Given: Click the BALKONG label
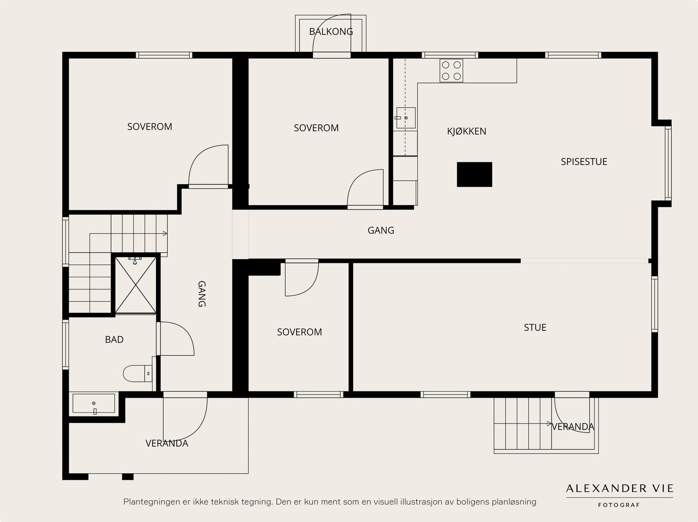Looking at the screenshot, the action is pos(331,31).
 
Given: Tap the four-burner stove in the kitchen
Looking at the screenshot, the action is pos(451,71).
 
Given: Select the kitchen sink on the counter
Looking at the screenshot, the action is pos(406,118).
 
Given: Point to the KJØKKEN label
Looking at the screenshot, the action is pos(466,131).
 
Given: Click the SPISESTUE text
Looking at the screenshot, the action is pos(584,162).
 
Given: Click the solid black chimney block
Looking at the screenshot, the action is pos(475,174).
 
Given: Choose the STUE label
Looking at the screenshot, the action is pos(535,327).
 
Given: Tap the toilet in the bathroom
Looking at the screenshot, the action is pos(138,373).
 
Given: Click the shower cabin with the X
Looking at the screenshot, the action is pos(136,285).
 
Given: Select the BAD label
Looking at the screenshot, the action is pos(114,339).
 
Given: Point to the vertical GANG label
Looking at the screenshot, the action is pos(202,294).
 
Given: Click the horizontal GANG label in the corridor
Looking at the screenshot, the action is pos(381,230).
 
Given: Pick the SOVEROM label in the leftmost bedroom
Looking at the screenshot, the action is pos(150,127).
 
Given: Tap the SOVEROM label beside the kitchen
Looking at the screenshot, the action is pos(316,128).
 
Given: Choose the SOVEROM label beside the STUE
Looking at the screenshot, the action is pos(299,332).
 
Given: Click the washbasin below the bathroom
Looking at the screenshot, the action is pos(94,403).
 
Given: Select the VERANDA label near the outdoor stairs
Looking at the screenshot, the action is pos(573,427).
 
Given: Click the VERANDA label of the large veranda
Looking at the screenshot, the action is pos(167,443).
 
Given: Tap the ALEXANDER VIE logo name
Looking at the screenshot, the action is pos(620,488).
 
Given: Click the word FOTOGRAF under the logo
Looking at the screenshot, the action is pos(619,505).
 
